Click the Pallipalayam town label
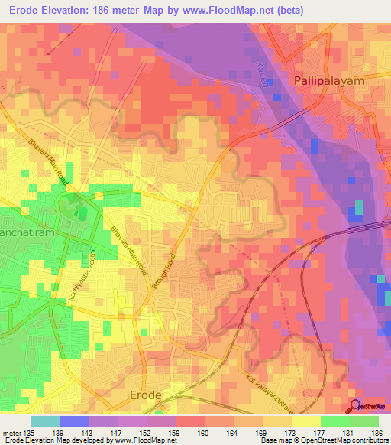331,80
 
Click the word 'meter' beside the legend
12,432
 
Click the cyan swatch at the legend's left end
44,421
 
